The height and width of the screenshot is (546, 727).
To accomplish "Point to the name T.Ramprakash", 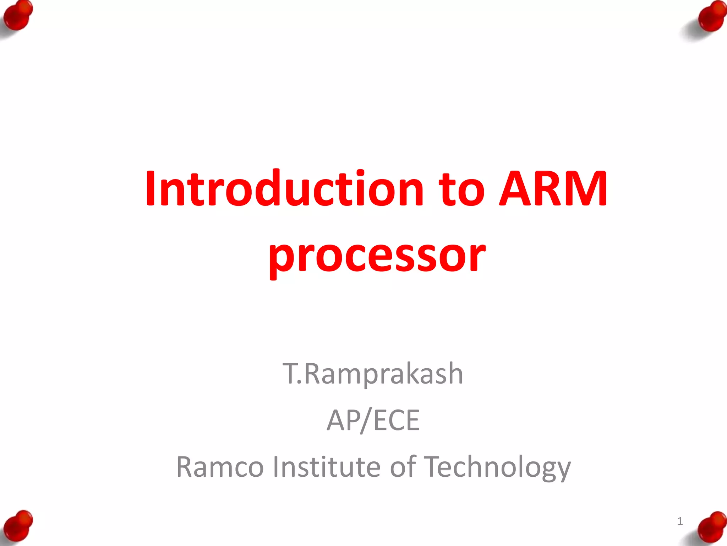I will click(x=373, y=374).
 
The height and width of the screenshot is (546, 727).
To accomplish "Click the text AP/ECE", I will click(x=373, y=421).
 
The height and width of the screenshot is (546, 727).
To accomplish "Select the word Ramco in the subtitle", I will click(x=220, y=467).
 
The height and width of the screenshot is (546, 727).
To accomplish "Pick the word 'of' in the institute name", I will click(x=403, y=467).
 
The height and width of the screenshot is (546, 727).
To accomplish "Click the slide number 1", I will click(x=680, y=521).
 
